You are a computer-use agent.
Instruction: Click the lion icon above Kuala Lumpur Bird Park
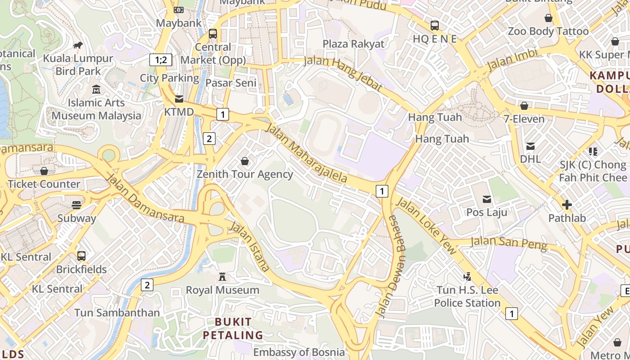click(x=78, y=45)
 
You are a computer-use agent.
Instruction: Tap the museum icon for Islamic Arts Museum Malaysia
click(x=96, y=90)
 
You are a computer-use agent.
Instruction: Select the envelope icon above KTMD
click(x=179, y=99)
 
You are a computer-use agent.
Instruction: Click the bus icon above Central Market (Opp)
click(x=213, y=34)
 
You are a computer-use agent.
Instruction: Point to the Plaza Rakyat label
click(x=354, y=44)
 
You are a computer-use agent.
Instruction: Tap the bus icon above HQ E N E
click(x=435, y=26)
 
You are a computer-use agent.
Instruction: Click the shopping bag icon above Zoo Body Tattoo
click(x=548, y=18)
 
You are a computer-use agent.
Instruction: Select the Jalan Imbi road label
click(x=513, y=59)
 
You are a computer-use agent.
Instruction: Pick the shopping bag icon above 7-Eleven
click(x=524, y=106)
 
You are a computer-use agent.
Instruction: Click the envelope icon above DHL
click(x=531, y=146)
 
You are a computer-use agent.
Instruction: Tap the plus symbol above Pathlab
click(x=567, y=205)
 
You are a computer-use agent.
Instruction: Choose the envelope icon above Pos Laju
click(x=486, y=199)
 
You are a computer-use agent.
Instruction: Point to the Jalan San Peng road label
click(x=508, y=243)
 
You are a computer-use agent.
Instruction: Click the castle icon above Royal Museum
click(x=222, y=277)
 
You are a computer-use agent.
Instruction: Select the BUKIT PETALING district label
click(x=233, y=328)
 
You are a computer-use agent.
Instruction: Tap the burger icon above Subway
click(x=76, y=205)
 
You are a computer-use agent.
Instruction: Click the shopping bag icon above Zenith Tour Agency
click(x=245, y=161)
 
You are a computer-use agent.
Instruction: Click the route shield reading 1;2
click(x=161, y=59)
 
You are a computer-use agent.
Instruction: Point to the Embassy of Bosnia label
click(x=299, y=352)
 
